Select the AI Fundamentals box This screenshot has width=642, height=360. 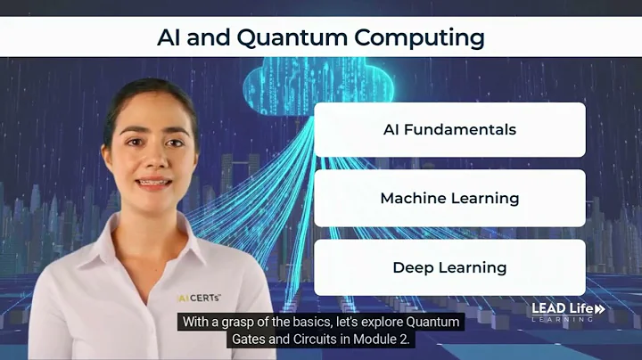[449, 129]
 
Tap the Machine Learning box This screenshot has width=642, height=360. [449, 198]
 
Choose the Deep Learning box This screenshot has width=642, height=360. [449, 267]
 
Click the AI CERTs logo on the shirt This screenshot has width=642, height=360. [199, 296]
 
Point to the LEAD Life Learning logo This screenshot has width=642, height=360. [568, 312]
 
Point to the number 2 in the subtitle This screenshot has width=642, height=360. [407, 340]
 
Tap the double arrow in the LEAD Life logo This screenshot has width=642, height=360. [599, 308]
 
